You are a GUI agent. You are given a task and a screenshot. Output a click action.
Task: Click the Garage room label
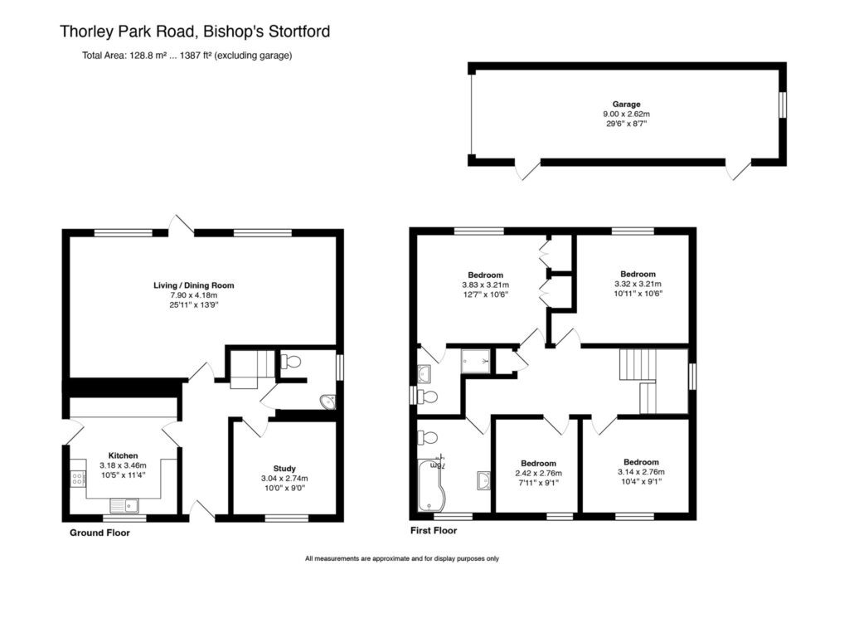coord(626,105)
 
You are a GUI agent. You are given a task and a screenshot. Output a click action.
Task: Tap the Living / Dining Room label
coord(193,285)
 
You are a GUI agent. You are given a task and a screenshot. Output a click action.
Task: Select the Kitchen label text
coord(123,455)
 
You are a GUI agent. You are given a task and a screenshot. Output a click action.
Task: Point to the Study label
coord(284,468)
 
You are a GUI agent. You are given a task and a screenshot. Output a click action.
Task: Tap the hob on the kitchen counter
coord(78,477)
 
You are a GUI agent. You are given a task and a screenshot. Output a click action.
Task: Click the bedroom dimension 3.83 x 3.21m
coord(485,285)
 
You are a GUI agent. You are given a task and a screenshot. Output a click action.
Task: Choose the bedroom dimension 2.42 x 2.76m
coord(538,473)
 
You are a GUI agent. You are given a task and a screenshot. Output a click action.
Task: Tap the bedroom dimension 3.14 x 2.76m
coord(641,472)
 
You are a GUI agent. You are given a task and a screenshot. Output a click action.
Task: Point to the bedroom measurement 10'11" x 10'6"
coord(638,294)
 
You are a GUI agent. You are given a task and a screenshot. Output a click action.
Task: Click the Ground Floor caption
coord(99,533)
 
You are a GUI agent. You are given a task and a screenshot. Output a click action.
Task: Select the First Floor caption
coord(433,530)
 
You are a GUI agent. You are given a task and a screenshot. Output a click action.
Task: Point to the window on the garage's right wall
coord(782,105)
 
